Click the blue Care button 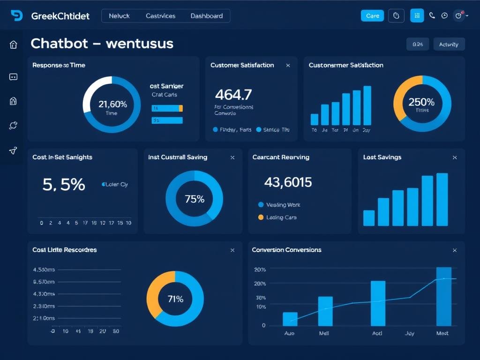point(372,16)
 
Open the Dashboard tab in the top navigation point(206,16)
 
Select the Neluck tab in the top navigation point(119,16)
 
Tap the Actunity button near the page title point(449,45)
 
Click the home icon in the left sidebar point(13,45)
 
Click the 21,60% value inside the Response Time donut point(112,104)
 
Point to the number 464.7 point(233,95)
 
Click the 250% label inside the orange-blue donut point(421,102)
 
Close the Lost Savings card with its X point(454,157)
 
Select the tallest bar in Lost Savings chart point(442,199)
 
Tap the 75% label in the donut point(195,199)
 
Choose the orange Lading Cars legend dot point(261,217)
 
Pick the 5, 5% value point(64,185)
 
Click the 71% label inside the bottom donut point(175,299)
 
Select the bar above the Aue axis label point(290,319)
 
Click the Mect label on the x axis point(442,333)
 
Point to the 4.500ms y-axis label point(44,270)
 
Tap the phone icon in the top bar point(432,16)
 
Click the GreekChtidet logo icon point(16,16)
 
